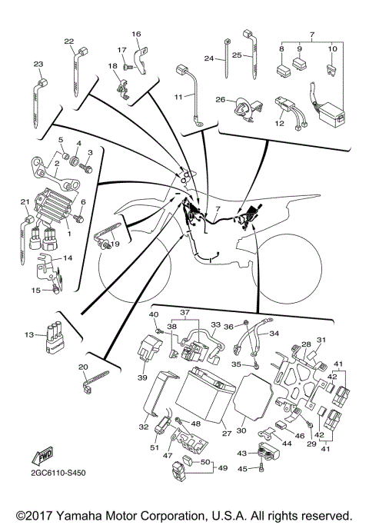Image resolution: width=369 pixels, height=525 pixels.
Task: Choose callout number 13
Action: (29, 335)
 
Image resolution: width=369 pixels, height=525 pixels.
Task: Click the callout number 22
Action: (68, 42)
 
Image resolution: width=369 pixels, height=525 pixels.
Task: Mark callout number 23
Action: (38, 64)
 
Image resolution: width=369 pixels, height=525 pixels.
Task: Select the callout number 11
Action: (178, 96)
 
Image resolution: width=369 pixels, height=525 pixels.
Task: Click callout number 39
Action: (141, 377)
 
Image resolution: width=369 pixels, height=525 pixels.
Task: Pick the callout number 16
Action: (136, 34)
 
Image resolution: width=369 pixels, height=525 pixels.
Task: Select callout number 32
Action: (143, 427)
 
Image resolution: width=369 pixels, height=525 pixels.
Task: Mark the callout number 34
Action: (274, 334)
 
